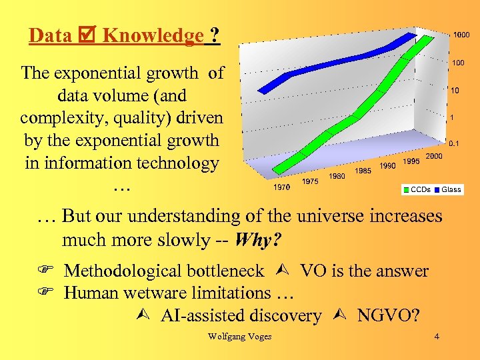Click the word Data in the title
pos(51,35)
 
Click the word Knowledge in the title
pos(153,35)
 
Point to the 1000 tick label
pos(461,35)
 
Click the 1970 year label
pos(282,187)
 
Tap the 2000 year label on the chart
pos(434,156)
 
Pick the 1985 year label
pos(363,171)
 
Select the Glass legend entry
pos(451,189)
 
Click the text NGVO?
pos(388,315)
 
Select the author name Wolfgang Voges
pos(239,337)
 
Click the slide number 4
pos(436,337)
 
